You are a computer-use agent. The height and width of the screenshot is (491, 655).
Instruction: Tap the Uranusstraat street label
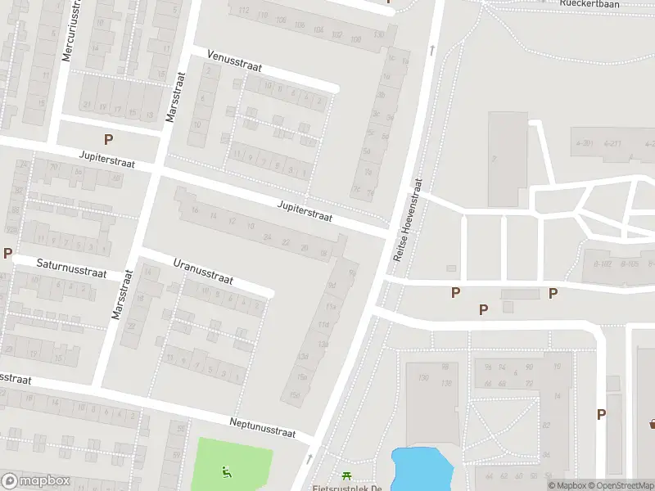click(203, 272)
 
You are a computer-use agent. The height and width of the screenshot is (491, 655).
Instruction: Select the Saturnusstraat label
click(71, 268)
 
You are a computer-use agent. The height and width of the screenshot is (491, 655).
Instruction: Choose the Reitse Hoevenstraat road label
click(407, 221)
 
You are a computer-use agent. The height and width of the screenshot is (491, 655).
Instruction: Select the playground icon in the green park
click(226, 471)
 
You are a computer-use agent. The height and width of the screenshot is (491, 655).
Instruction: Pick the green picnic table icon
click(347, 475)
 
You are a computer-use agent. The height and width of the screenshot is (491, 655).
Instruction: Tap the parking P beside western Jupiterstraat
click(108, 140)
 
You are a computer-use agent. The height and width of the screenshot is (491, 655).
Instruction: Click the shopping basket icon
click(653, 422)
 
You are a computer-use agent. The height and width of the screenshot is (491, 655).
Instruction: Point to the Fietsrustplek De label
click(347, 488)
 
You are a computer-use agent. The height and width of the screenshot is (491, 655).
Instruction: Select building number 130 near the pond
click(423, 378)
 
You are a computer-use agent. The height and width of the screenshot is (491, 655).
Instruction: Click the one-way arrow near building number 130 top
click(431, 51)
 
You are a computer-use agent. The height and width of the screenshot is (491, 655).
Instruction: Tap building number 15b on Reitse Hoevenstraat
click(301, 376)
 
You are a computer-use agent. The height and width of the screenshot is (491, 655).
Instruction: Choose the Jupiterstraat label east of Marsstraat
click(305, 211)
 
